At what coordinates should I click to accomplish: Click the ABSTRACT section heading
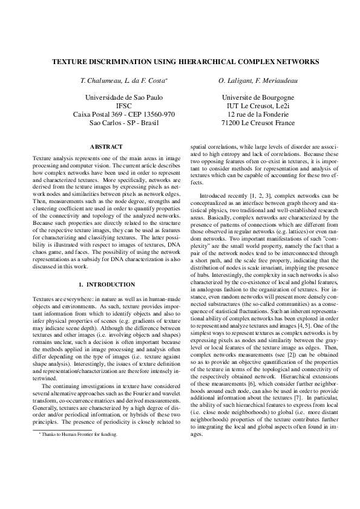[x=106, y=147]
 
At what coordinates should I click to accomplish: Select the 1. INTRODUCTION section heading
[x=106, y=284]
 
